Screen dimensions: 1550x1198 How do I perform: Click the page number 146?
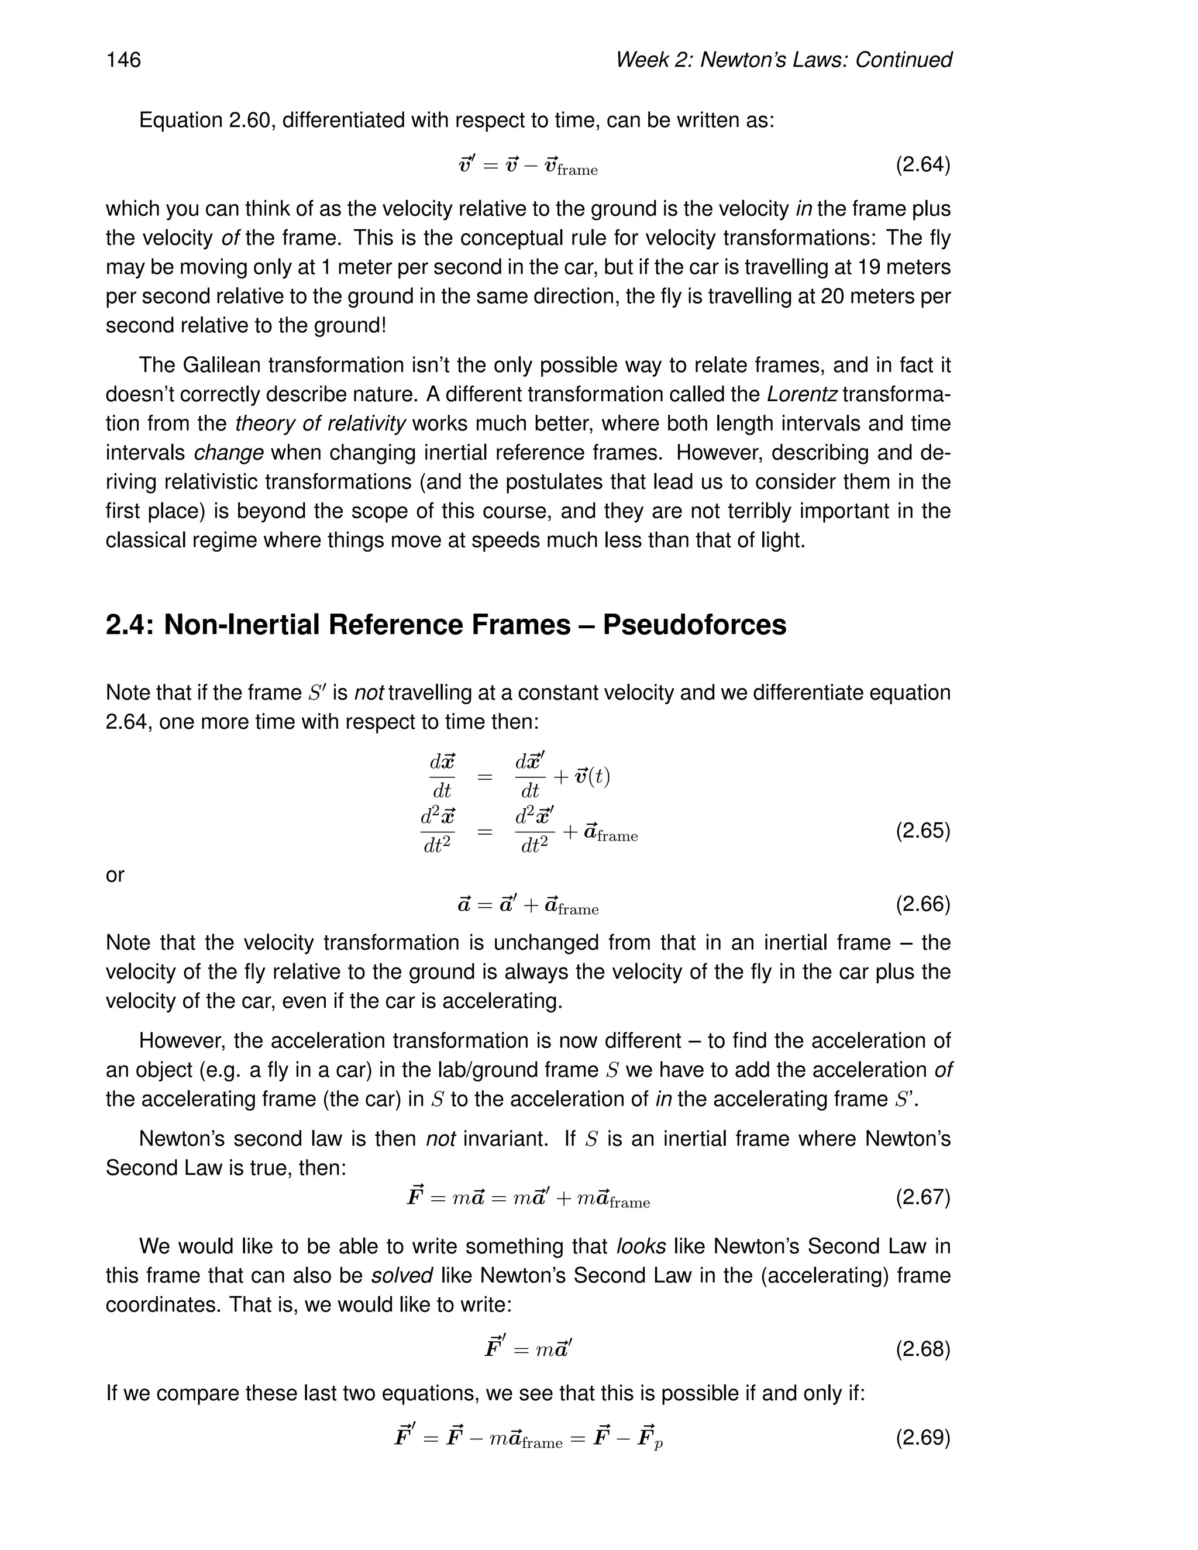(x=123, y=60)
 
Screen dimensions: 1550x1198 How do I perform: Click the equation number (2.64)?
(x=922, y=165)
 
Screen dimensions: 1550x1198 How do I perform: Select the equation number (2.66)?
(x=922, y=904)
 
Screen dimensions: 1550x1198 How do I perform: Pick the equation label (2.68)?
(x=922, y=1348)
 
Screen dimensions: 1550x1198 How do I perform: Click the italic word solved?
(x=402, y=1275)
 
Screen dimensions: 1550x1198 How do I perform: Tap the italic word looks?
(x=641, y=1246)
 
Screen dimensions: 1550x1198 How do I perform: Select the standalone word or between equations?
(x=115, y=876)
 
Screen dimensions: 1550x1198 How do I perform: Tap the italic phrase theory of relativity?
(x=320, y=423)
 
